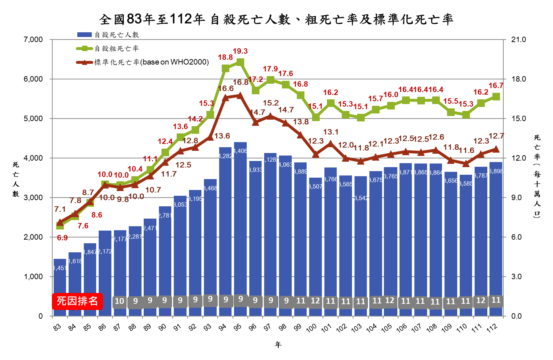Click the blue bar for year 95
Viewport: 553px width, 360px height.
[240, 228]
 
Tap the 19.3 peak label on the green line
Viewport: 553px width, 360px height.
[240, 51]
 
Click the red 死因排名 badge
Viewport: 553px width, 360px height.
[77, 301]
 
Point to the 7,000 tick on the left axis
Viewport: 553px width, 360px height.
[33, 40]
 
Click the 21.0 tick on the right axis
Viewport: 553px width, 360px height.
[518, 40]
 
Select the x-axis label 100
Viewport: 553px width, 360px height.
[311, 328]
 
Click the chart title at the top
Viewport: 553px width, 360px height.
[276, 19]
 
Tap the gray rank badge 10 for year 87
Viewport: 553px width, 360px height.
[119, 301]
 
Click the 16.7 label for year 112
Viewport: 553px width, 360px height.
[496, 86]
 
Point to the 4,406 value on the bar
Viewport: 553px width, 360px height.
[241, 151]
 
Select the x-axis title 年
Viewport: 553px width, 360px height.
[278, 344]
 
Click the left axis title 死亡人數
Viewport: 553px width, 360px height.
[16, 179]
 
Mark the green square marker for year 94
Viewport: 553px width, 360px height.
[225, 69]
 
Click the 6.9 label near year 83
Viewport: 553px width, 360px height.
[62, 238]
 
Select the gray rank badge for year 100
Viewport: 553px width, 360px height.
[315, 301]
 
